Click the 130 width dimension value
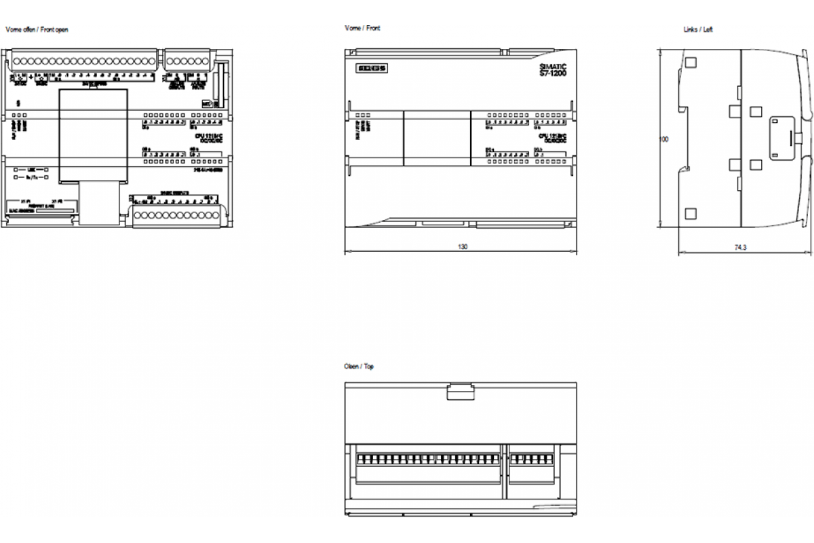tap(463, 247)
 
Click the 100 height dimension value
tap(664, 139)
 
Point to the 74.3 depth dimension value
tap(740, 248)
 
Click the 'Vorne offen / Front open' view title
tap(37, 30)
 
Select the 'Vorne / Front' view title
tap(362, 29)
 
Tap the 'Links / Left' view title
tap(698, 30)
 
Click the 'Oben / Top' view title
tap(359, 367)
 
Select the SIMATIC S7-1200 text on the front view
tap(552, 69)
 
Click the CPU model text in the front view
tap(552, 138)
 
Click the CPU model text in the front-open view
tap(208, 138)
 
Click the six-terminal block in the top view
tap(532, 460)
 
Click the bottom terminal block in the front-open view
tap(175, 215)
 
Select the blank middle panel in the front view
tap(437, 138)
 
